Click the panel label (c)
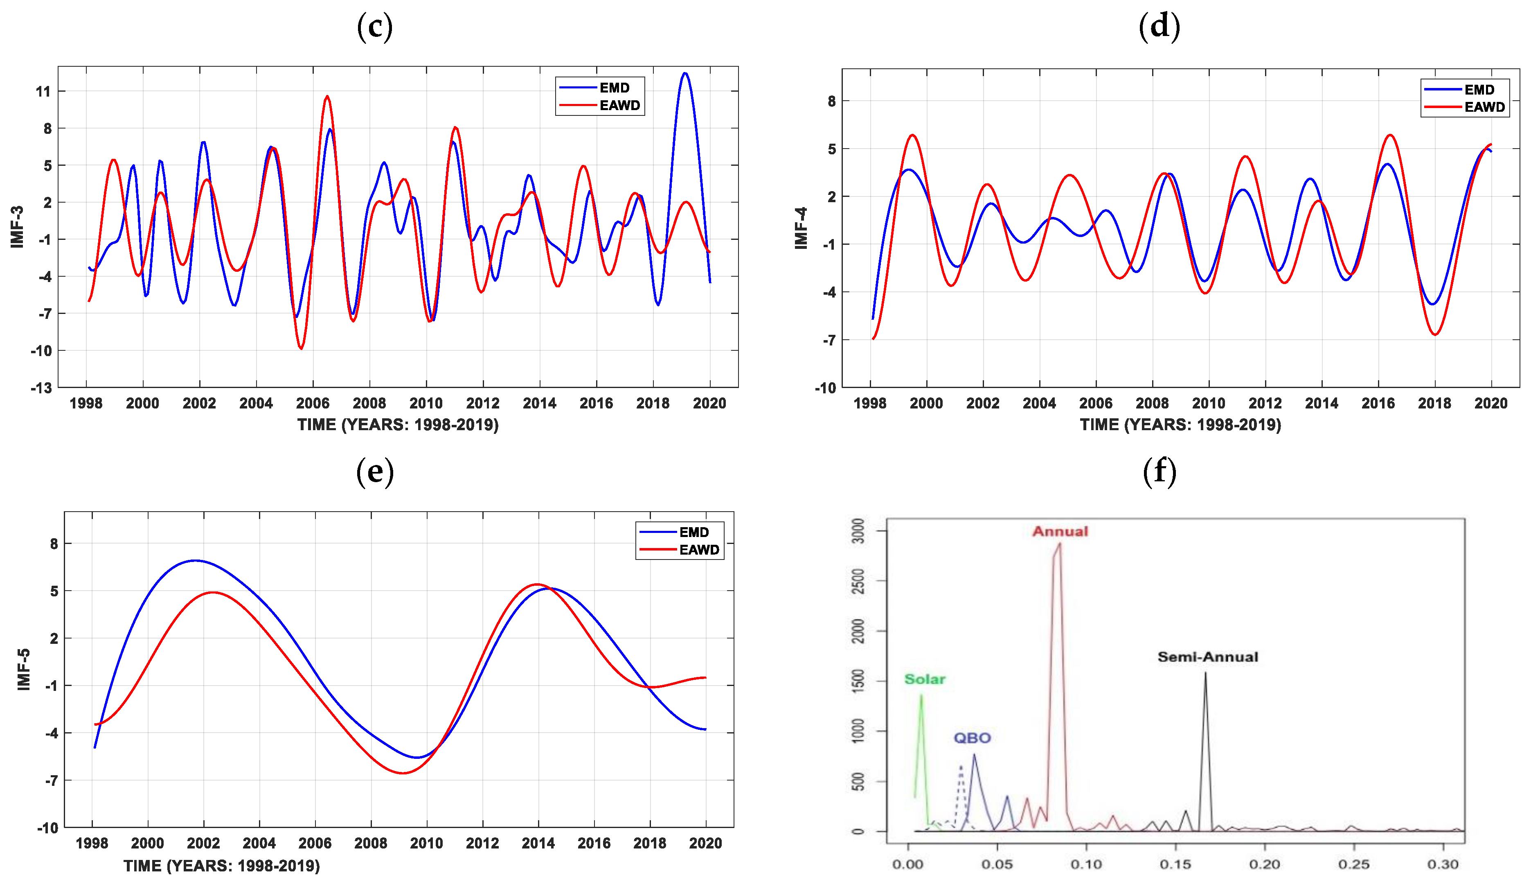coord(375,27)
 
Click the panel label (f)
coord(1159,472)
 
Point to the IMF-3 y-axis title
coord(17,227)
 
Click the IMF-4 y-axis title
coord(801,228)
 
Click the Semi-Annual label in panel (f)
coord(1207,657)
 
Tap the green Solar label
coord(924,679)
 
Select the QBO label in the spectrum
coord(972,738)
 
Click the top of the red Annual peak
coord(1060,544)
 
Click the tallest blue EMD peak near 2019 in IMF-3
coord(684,73)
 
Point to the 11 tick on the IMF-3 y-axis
coord(43,92)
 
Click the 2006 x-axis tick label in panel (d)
coord(1095,403)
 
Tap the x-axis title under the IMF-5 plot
coord(222,866)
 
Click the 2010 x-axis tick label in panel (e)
coord(427,843)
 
